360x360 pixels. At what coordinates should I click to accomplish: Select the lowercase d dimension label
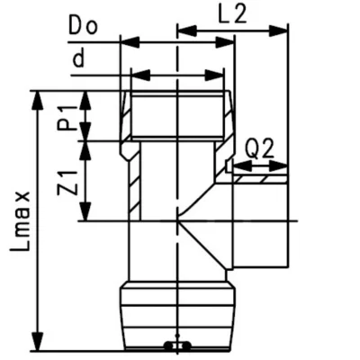point(80,59)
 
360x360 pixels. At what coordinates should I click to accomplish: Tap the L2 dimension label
point(233,13)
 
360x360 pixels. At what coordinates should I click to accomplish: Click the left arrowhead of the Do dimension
point(125,41)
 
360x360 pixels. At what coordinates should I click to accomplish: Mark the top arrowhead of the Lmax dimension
point(37,94)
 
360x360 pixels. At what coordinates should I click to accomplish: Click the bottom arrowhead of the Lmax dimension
point(37,346)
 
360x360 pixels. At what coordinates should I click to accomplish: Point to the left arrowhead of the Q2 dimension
point(235,166)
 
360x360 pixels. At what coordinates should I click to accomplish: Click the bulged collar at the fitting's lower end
point(176,310)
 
